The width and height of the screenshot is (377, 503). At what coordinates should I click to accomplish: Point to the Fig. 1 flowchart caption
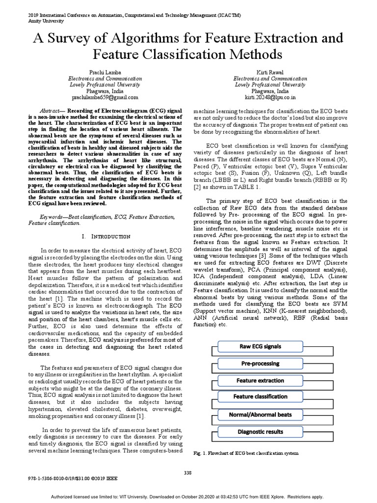246,453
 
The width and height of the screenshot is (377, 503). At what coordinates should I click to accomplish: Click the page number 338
188,473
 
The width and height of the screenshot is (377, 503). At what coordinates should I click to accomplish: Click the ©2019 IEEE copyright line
60,477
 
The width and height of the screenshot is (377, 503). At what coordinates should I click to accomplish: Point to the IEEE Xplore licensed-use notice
188,496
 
